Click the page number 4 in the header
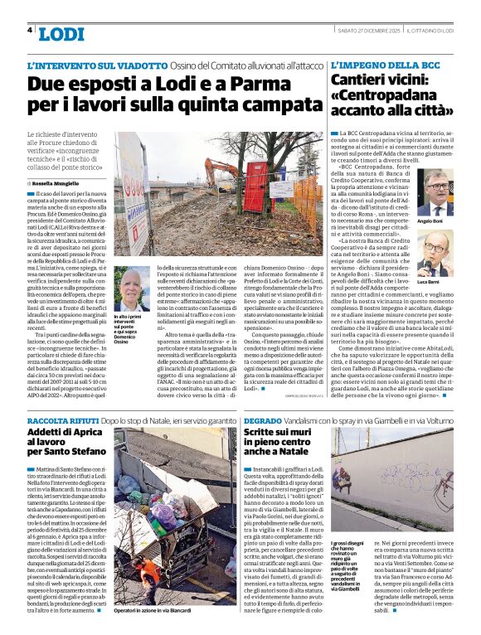31,30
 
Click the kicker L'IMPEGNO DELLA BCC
374,64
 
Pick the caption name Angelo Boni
453,222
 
